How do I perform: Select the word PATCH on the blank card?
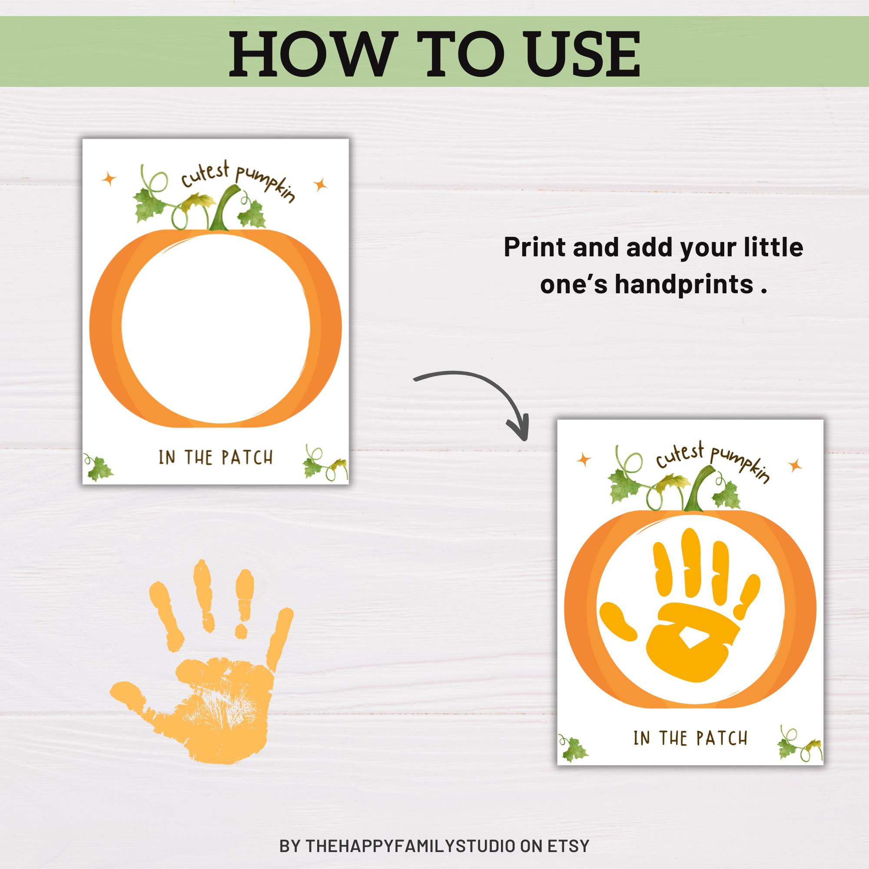point(247,458)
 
